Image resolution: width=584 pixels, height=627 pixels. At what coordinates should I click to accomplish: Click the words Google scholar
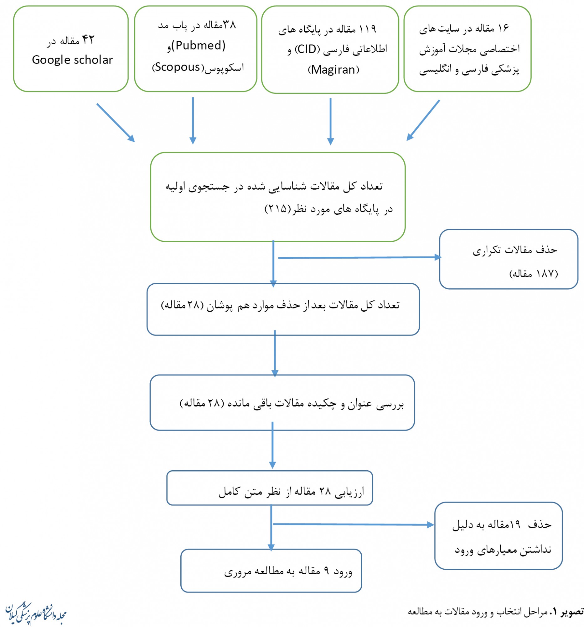tap(72, 60)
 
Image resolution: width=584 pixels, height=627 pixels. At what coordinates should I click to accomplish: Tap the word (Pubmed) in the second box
tap(200, 46)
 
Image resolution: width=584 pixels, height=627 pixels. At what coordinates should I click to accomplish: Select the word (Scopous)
tap(178, 67)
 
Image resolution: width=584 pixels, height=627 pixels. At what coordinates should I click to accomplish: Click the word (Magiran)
tap(333, 70)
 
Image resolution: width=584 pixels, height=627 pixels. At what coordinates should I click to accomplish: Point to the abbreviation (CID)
tap(307, 50)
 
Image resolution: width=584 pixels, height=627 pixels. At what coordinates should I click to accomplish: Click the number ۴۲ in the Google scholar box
tap(88, 40)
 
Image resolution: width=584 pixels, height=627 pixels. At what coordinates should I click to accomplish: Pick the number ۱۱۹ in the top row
tap(367, 29)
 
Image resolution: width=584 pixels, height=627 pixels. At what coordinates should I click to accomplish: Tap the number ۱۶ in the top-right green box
tap(503, 29)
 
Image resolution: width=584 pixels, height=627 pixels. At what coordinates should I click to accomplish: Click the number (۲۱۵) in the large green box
tap(276, 209)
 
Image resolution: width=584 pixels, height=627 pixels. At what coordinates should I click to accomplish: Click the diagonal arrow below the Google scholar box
tap(116, 123)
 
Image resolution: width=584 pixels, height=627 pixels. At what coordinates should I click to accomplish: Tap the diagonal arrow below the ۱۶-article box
tap(423, 120)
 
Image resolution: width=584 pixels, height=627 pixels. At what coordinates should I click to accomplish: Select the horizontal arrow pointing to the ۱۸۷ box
tap(359, 258)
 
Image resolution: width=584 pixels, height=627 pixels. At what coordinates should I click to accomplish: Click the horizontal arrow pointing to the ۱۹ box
tap(353, 524)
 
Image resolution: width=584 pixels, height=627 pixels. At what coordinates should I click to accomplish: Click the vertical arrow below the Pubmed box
tap(193, 120)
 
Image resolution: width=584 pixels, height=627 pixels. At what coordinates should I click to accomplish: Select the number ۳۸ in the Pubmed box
tap(229, 25)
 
